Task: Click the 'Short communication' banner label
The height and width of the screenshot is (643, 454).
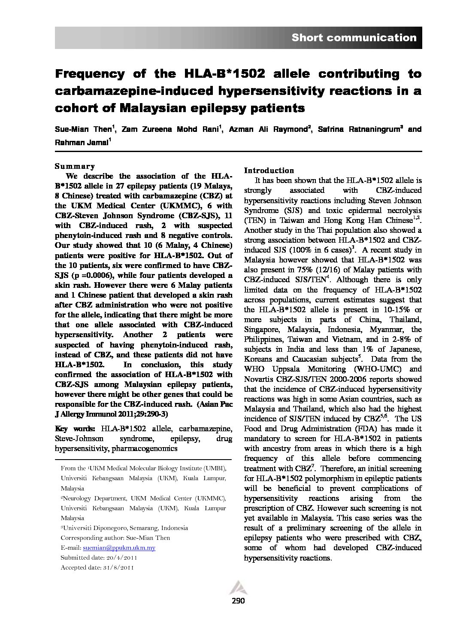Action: point(354,38)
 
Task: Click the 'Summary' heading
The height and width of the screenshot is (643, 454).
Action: point(75,166)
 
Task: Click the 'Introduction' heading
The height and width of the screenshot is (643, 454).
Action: point(269,170)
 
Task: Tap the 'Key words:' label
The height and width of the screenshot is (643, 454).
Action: point(76,428)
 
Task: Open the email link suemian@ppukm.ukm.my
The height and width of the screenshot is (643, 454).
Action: point(119,548)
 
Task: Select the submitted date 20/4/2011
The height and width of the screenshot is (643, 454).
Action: point(121,558)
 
